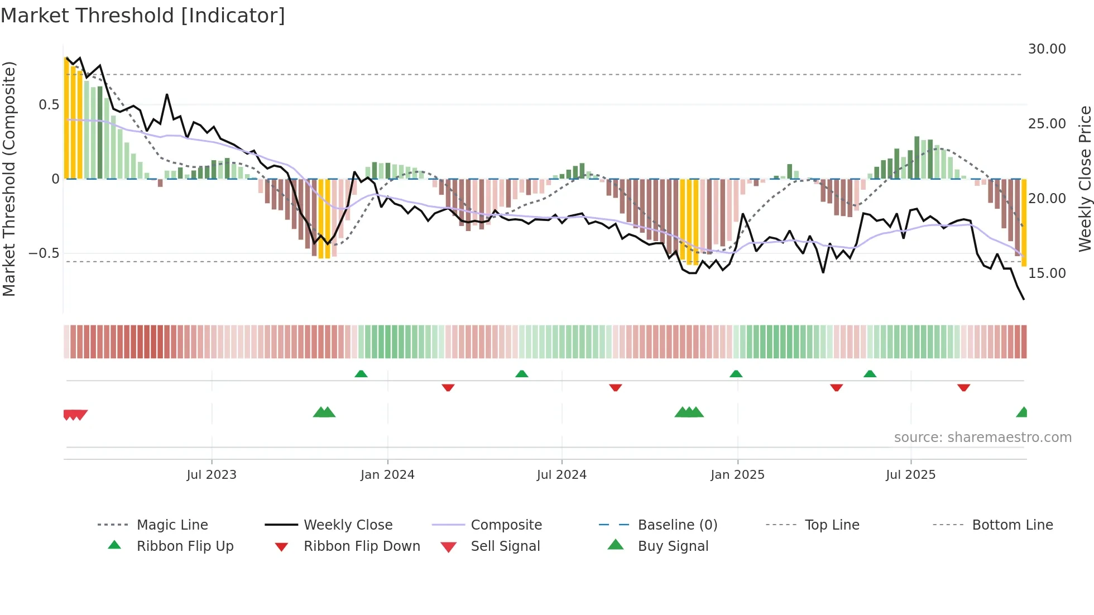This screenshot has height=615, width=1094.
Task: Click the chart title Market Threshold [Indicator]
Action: click(x=143, y=16)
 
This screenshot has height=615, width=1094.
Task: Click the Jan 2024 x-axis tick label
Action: click(x=387, y=475)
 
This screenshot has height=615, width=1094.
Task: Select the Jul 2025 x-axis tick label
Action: click(x=910, y=475)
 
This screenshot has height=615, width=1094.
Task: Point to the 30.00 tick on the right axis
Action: click(x=1047, y=49)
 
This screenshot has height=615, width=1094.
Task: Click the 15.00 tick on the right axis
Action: click(x=1047, y=273)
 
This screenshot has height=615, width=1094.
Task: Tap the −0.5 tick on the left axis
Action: click(x=44, y=253)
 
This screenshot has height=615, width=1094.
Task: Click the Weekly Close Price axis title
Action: click(x=1085, y=179)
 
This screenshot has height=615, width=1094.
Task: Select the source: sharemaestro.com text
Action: click(x=982, y=438)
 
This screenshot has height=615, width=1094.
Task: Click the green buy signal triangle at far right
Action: click(x=1022, y=412)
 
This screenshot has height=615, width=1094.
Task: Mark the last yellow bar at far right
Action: click(x=1024, y=223)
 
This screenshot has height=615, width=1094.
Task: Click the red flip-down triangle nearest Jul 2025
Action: click(x=963, y=387)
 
